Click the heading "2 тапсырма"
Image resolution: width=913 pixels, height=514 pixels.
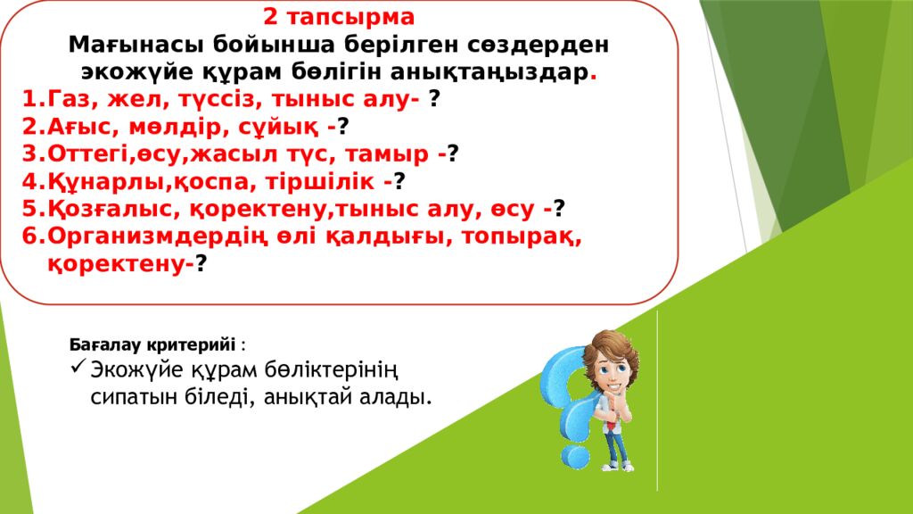coord(338,18)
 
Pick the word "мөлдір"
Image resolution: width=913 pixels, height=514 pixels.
coord(162,127)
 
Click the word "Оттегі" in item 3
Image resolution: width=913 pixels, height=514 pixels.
coord(86,154)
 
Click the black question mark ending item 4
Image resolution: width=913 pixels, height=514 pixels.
coord(400,181)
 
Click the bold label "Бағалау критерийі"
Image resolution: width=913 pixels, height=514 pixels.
coord(152,344)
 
